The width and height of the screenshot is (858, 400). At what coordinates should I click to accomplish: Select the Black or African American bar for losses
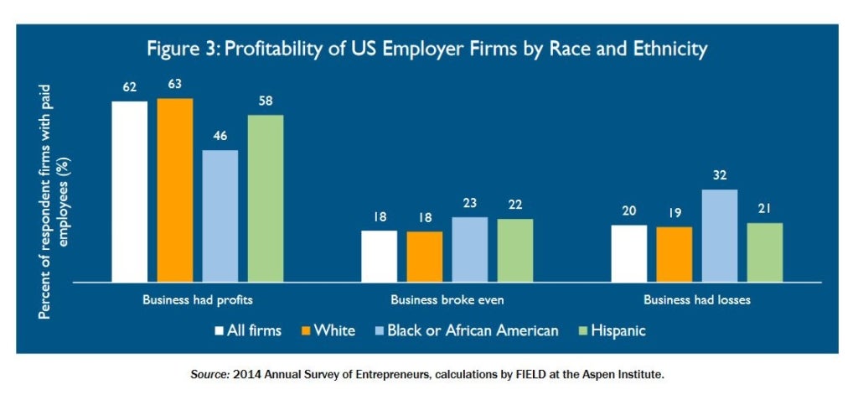coord(720,236)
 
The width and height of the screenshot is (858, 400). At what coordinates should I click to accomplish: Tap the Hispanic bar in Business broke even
coord(514,250)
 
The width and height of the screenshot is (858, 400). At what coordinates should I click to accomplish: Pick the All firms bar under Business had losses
coord(629,253)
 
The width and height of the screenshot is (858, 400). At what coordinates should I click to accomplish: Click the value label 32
coord(720,174)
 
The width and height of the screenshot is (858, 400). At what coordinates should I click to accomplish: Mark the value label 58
coord(266,100)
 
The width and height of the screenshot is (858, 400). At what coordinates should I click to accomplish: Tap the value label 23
coord(470,202)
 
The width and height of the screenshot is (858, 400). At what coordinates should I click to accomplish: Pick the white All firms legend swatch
coord(220,330)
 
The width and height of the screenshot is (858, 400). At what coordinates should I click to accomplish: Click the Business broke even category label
coord(447,299)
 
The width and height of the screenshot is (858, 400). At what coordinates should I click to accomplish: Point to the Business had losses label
coord(696,299)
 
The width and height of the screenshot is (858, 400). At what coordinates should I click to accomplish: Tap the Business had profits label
coord(198,299)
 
